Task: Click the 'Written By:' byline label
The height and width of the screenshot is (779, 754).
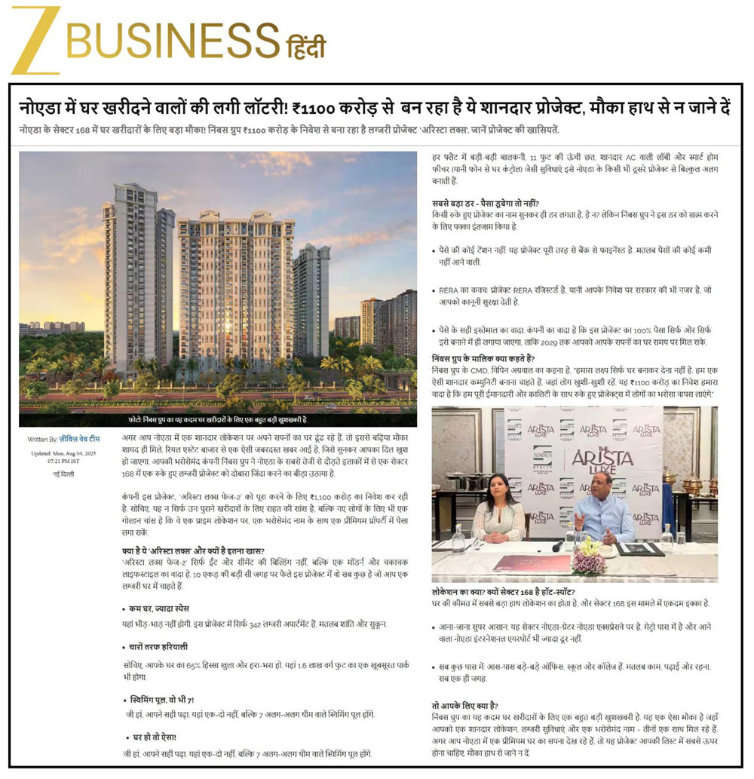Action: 42,438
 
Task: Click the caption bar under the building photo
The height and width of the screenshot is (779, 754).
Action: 217,419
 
